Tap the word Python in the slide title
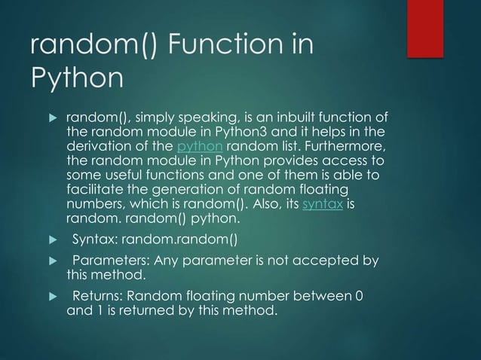76,78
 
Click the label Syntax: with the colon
96,240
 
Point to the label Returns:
98,294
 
